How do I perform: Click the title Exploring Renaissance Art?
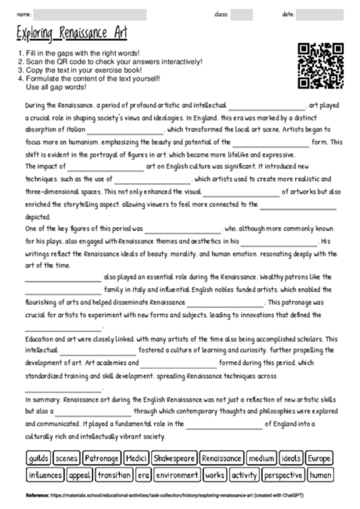(71, 35)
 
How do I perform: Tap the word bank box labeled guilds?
(38, 457)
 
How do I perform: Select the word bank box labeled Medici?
(136, 457)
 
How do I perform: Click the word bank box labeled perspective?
(283, 475)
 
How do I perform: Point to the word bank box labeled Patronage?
(102, 457)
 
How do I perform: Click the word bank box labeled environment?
(177, 475)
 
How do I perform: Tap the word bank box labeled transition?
(114, 475)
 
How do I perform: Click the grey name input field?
(90, 14)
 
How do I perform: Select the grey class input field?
(242, 14)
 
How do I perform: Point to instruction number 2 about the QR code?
(109, 61)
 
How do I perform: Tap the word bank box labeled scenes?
(67, 457)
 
